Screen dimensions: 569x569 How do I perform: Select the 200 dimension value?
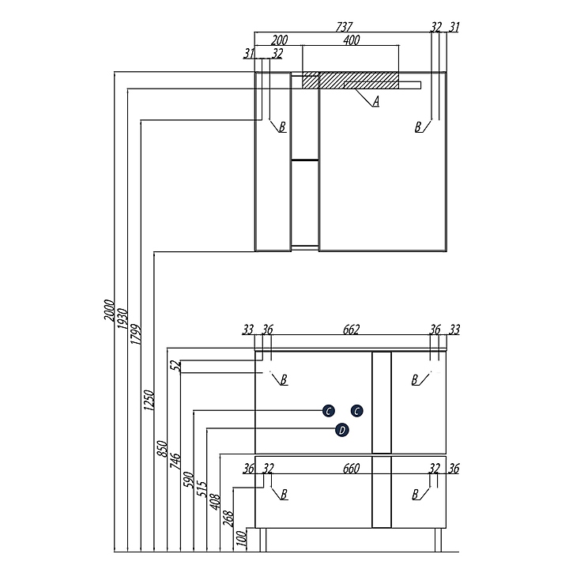coord(279,40)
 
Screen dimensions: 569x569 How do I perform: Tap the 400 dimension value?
coord(352,40)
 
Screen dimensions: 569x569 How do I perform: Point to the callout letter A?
coord(376,101)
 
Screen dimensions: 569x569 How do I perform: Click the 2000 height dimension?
coord(109,311)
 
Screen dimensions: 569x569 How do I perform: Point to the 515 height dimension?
coord(201,491)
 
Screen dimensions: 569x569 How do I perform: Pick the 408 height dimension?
coord(214,503)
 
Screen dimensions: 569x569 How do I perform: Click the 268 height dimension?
coord(228,519)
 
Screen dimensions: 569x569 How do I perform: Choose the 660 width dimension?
coord(351,469)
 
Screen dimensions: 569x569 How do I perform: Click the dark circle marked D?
coord(341,430)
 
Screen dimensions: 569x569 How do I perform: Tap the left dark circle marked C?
coord(328,410)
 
